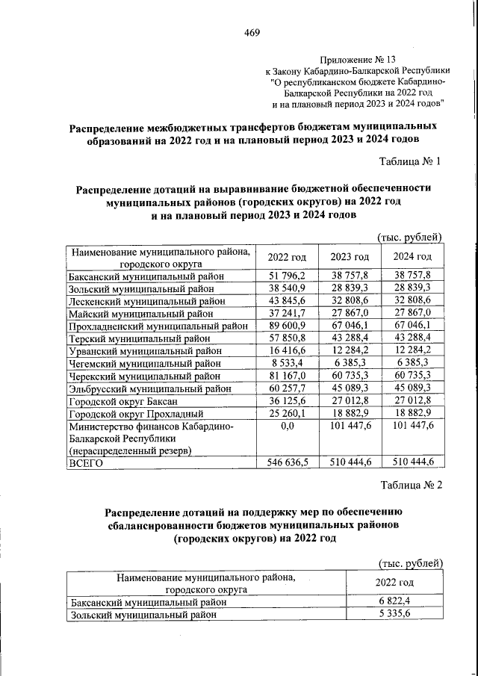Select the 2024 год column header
pyautogui.click(x=412, y=257)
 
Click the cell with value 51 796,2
pyautogui.click(x=287, y=276)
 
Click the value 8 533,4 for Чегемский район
pyautogui.click(x=287, y=363)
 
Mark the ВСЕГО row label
pyautogui.click(x=86, y=463)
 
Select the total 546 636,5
pyautogui.click(x=287, y=463)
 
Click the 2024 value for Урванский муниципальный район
pyautogui.click(x=412, y=351)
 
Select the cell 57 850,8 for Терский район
pyautogui.click(x=287, y=338)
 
